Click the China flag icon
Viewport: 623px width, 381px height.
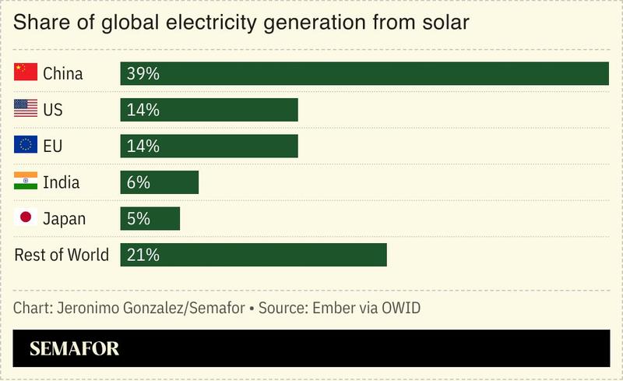pyautogui.click(x=26, y=73)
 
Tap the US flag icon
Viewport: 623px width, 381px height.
pyautogui.click(x=26, y=109)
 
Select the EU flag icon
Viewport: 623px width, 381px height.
pyautogui.click(x=26, y=146)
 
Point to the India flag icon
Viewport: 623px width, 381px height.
pyautogui.click(x=26, y=182)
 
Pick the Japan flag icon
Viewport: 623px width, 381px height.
pyautogui.click(x=26, y=218)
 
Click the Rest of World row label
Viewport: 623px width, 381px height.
pyautogui.click(x=62, y=255)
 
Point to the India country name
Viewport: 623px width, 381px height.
pyautogui.click(x=62, y=182)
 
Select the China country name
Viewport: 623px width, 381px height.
pyautogui.click(x=63, y=74)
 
